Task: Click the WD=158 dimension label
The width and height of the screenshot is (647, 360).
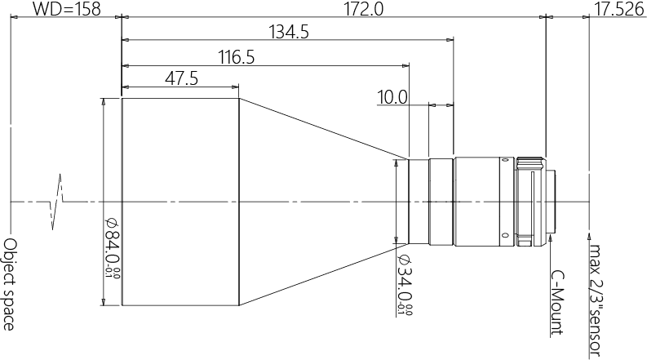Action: click(66, 8)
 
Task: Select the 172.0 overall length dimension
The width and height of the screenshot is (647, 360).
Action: click(364, 8)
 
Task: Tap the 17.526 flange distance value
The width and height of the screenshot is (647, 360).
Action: click(619, 9)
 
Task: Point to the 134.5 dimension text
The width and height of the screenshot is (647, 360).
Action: click(289, 31)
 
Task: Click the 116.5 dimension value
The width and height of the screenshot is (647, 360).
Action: click(236, 57)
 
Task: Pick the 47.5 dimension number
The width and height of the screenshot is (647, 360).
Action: click(182, 78)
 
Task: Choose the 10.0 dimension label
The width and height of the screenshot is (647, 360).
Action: click(392, 98)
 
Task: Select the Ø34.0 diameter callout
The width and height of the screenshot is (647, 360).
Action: click(405, 285)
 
